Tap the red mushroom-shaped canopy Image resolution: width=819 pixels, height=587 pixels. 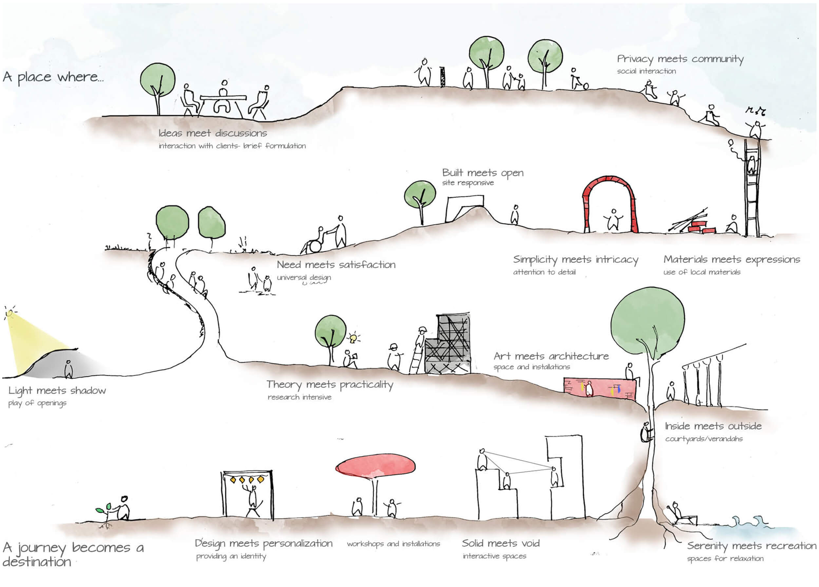[x=375, y=466]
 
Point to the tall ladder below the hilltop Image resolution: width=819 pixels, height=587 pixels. [x=752, y=188]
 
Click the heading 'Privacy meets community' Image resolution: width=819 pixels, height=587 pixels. [x=680, y=59]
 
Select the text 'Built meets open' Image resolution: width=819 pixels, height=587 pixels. [x=483, y=173]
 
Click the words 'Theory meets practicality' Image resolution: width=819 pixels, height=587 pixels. [x=329, y=385]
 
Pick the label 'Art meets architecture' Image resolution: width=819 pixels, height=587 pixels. [x=551, y=356]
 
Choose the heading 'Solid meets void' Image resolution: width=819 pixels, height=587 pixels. [x=501, y=543]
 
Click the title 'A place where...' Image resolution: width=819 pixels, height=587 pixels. [x=53, y=77]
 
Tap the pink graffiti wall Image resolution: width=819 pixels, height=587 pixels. [x=600, y=388]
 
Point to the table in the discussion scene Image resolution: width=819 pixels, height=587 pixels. [x=223, y=98]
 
